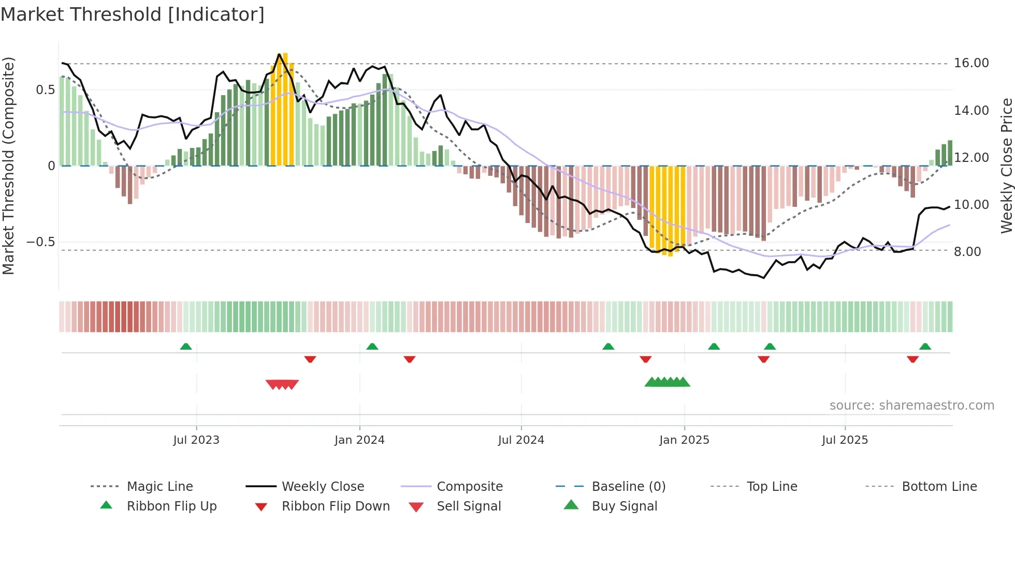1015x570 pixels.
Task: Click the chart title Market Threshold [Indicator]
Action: point(133,14)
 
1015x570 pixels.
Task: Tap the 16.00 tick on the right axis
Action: point(971,63)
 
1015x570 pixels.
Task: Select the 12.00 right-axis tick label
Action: point(971,158)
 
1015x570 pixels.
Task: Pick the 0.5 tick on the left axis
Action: point(45,90)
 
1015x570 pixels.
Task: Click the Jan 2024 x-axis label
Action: point(359,440)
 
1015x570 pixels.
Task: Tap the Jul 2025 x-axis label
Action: point(845,440)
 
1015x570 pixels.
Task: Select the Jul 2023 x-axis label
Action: point(196,440)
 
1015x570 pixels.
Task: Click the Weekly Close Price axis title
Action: point(1006,166)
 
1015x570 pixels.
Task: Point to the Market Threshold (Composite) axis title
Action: point(8,166)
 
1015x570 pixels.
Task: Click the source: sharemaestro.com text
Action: point(911,406)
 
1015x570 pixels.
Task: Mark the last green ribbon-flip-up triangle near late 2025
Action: point(925,347)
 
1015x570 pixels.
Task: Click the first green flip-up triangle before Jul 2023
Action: point(186,347)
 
